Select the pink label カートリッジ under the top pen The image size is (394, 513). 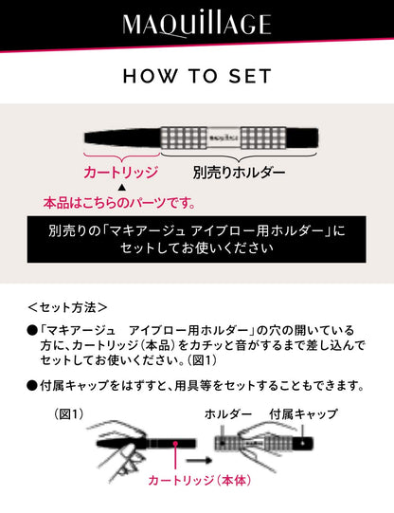tap(120, 173)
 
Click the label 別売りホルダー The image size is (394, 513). tap(239, 173)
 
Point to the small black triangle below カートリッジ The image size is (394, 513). tap(120, 188)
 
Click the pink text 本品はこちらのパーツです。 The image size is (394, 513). tap(119, 203)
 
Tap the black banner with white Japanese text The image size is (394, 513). tap(197, 240)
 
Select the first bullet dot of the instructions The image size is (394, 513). tap(31, 329)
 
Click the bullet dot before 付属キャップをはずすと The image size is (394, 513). tap(31, 386)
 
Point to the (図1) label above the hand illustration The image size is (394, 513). tap(72, 415)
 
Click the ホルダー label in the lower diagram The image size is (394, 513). tap(228, 415)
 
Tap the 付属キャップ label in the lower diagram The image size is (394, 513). tap(303, 415)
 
